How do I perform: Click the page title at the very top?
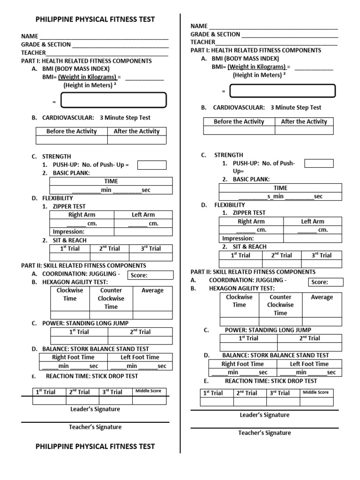95,19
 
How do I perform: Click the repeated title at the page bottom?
95,446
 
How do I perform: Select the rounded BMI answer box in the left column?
114,100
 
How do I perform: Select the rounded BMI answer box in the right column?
283,91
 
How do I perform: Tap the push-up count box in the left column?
151,165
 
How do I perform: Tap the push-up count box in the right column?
319,163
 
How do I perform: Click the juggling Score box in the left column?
150,275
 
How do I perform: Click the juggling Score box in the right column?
326,282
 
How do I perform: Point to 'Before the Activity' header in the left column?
72,131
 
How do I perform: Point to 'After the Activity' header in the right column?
304,121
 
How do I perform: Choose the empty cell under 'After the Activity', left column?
136,140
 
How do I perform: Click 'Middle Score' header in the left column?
149,391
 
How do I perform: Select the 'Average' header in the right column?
322,297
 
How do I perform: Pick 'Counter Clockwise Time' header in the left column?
111,299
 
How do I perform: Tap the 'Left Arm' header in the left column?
143,215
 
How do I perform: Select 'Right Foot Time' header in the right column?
242,364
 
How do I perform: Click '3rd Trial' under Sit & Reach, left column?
150,248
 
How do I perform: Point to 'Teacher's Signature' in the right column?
264,433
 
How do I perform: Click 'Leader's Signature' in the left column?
95,409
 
